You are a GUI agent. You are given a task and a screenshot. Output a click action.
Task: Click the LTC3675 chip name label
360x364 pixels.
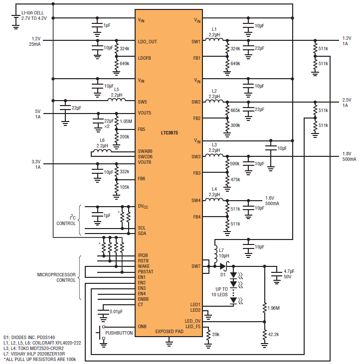click(169, 133)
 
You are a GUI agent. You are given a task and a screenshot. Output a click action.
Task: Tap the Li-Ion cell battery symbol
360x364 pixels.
click(16, 21)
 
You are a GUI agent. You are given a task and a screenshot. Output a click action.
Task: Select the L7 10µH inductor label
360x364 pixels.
click(224, 253)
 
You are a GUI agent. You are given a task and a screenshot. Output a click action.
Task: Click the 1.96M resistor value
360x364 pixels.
click(274, 308)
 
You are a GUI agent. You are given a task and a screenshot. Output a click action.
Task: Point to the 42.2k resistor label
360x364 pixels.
click(273, 335)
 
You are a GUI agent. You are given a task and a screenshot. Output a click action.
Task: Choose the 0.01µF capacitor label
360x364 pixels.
click(116, 312)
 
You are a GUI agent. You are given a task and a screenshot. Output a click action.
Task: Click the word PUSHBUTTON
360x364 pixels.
click(119, 333)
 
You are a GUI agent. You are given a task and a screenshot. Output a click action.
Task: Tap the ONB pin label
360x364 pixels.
click(142, 326)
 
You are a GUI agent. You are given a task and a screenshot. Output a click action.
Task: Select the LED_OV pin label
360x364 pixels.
click(192, 321)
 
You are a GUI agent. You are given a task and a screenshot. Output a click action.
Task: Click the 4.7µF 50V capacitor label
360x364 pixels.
click(289, 274)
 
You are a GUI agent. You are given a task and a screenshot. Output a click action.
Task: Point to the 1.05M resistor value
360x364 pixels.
click(126, 121)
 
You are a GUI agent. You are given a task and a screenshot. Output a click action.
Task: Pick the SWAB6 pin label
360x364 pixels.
click(145, 151)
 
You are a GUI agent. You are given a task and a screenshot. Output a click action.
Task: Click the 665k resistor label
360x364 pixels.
click(235, 110)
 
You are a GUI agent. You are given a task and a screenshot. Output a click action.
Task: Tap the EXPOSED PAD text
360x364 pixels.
click(169, 332)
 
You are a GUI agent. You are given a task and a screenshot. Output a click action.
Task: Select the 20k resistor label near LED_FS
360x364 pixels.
click(216, 334)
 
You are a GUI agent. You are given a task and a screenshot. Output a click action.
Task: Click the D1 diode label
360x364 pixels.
click(223, 275)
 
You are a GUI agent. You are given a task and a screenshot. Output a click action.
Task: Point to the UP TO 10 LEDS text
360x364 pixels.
click(219, 292)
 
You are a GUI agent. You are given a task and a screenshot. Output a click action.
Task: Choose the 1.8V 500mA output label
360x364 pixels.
click(349, 156)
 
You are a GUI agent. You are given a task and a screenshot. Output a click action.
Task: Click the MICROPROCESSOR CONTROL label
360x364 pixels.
click(56, 277)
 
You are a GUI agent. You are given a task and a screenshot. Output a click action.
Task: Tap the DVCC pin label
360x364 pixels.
click(143, 206)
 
